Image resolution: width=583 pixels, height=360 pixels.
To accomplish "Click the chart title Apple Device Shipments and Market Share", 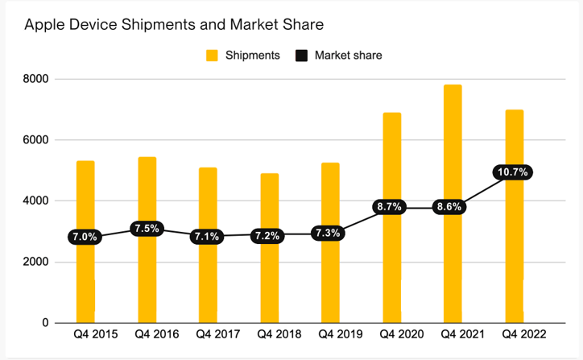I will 174,25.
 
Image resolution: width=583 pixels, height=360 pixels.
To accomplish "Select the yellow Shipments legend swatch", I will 213,56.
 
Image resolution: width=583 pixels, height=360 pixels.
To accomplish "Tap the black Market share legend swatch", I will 302,56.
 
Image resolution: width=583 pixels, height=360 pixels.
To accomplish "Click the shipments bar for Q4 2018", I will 269,282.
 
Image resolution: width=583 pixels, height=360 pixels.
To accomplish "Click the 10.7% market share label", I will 514,172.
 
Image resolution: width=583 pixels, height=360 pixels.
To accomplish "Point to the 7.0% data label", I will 85,237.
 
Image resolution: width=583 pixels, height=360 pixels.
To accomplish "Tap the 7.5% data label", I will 147,228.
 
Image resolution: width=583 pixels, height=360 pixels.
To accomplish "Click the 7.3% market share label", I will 330,234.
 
